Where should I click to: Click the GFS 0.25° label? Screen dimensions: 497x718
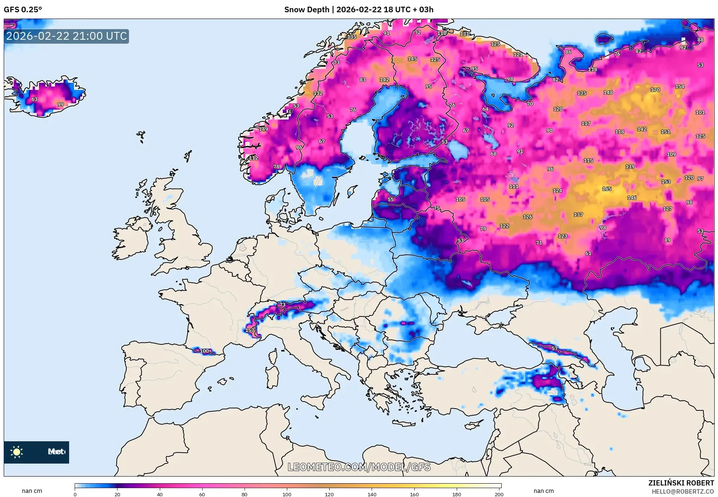(23, 10)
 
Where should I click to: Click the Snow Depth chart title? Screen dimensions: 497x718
(359, 10)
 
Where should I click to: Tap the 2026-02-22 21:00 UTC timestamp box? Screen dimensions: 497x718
(67, 36)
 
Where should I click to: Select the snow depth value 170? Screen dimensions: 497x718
(655, 90)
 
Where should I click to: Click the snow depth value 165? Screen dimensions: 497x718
(607, 189)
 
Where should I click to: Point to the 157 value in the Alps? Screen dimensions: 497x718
(250, 330)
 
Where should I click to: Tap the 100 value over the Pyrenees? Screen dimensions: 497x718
(204, 351)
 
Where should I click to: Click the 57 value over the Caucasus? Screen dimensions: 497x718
(554, 348)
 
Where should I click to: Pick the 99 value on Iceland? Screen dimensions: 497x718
(60, 104)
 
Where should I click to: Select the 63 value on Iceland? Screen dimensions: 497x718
(34, 99)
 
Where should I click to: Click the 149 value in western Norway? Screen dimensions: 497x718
(263, 129)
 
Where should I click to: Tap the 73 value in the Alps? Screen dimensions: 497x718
(282, 305)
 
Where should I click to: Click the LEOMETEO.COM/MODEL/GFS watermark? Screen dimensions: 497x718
(359, 467)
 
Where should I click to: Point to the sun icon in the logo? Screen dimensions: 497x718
(17, 452)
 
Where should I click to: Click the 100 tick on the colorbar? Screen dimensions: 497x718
(287, 494)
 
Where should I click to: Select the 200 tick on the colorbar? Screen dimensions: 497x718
(499, 494)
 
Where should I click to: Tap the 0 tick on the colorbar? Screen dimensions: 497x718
(75, 494)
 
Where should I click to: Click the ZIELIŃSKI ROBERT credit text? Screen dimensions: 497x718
(681, 483)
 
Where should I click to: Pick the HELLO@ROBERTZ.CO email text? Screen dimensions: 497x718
(683, 491)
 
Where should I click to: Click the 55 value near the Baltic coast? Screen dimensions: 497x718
(390, 199)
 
